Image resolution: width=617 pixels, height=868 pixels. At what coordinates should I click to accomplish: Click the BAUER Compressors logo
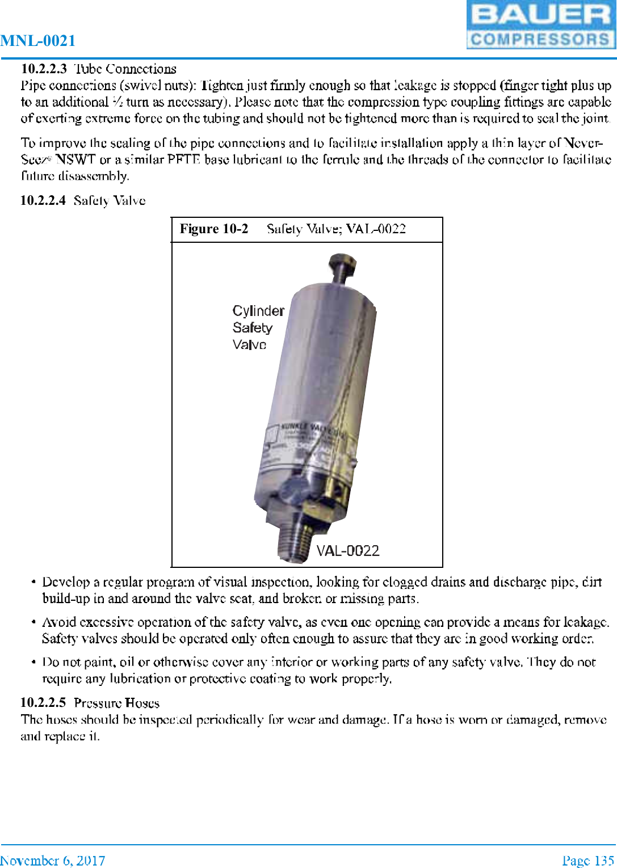tap(540, 24)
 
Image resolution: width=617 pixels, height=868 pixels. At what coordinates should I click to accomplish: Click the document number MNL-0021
tap(38, 41)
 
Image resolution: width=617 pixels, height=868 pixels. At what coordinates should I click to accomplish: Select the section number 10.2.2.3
tap(44, 69)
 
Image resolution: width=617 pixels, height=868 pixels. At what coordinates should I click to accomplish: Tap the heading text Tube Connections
tap(125, 69)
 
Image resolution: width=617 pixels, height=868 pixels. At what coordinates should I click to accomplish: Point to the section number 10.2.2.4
tap(43, 200)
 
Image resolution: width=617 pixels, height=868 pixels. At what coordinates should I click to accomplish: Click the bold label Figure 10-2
tap(214, 229)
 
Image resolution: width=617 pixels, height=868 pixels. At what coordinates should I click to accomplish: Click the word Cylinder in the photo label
tap(258, 311)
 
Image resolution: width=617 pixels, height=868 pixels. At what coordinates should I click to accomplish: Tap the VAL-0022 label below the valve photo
tap(347, 551)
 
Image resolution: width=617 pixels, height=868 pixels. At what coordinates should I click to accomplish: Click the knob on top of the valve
tap(342, 264)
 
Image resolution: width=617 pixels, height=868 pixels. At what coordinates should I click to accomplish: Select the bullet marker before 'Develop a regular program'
tap(34, 583)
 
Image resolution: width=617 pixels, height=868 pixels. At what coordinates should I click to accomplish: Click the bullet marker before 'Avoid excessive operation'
tap(34, 623)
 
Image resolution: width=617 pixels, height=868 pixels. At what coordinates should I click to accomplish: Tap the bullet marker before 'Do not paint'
tap(34, 663)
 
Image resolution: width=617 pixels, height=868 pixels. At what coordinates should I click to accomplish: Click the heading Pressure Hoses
tap(116, 703)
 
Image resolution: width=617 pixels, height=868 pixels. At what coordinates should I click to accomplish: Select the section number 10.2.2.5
tap(43, 702)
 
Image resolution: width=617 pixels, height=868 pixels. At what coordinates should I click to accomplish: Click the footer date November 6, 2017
tap(52, 861)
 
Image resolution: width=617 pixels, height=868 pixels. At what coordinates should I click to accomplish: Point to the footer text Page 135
tap(588, 861)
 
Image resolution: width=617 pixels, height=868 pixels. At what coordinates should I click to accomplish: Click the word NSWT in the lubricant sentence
tap(75, 159)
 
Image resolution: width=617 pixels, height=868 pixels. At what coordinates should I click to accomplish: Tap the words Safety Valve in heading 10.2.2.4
tap(110, 200)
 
